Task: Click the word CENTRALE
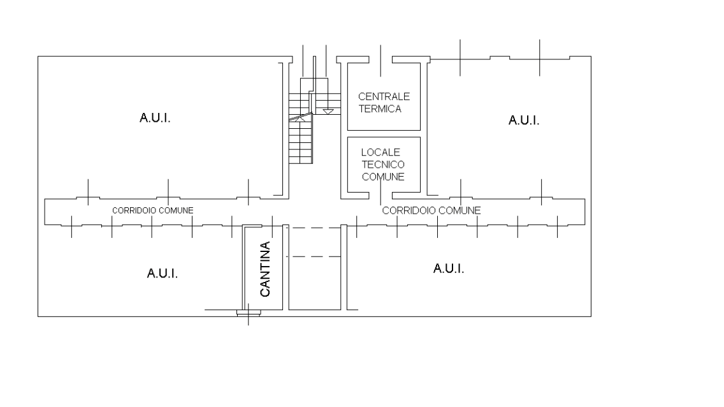pos(384,96)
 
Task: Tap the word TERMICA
pos(380,109)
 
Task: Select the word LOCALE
pos(380,152)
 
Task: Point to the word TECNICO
pos(383,165)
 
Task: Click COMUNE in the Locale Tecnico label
pos(383,177)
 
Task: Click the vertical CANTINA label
pos(265,269)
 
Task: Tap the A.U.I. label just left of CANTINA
pos(162,274)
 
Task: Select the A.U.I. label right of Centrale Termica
pos(524,121)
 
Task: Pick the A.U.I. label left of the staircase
pos(155,118)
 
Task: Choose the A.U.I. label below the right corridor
pos(448,269)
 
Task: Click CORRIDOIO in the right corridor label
pos(405,211)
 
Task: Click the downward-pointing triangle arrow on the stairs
pos(328,112)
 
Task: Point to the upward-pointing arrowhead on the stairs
pos(300,119)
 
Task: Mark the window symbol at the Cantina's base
pos(249,313)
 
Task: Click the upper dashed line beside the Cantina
pos(314,228)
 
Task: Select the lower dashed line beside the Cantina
pos(314,256)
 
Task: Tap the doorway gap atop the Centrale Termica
pos(380,59)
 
